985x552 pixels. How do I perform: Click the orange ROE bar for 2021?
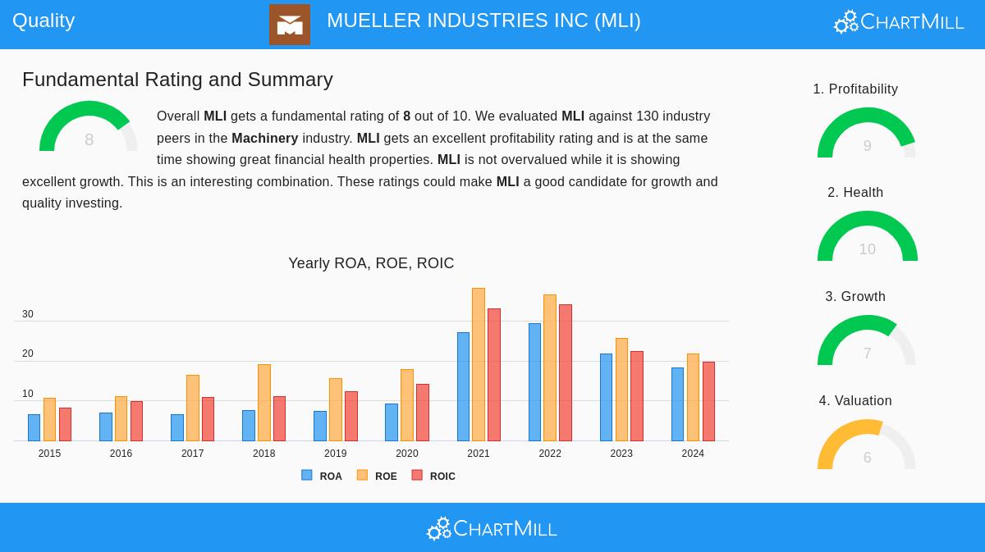coord(479,365)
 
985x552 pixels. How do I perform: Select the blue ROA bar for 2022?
coord(534,382)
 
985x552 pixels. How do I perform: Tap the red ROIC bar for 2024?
coord(708,402)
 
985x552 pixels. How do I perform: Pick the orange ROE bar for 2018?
coord(263,403)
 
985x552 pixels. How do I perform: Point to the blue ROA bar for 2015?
coord(34,428)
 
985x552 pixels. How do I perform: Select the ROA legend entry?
coord(322,476)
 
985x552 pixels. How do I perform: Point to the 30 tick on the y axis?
coord(28,314)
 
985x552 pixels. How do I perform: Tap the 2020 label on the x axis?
coord(406,454)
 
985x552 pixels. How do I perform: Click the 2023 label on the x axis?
coord(621,454)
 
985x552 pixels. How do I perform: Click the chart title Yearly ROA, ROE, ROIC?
coord(371,263)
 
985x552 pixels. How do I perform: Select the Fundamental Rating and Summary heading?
coord(177,80)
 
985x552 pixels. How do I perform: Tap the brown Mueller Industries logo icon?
coord(290,25)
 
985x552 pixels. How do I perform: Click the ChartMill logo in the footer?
coord(492,528)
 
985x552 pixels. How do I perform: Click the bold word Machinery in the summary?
coord(264,138)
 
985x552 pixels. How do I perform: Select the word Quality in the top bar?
coord(44,21)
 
